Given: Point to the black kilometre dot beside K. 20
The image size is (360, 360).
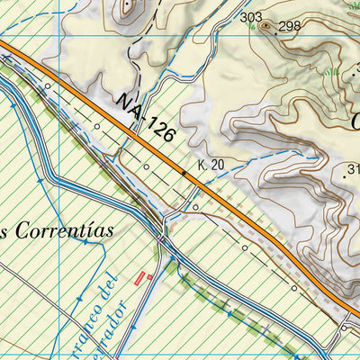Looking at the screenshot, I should pos(185,170).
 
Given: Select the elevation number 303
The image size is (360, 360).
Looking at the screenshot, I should pos(251,17).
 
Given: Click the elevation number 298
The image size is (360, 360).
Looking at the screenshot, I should pos(289,26).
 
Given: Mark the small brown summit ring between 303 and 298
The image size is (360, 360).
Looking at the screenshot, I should pos(266,25).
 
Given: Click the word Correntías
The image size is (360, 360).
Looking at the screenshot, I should pos(63,231).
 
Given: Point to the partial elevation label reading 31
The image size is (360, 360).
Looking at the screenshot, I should pos(352,168).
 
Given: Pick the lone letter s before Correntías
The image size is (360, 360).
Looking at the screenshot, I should pos(4,233).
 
